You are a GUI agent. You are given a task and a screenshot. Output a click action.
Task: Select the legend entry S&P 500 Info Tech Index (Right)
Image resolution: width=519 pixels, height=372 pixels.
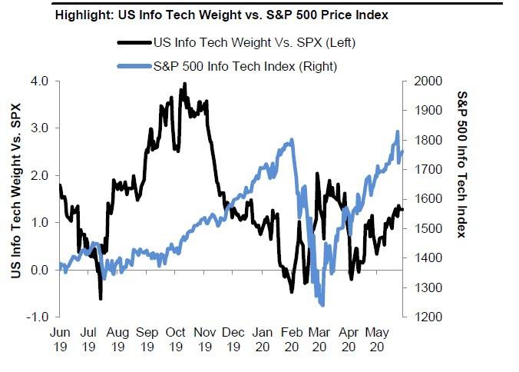pos(245,67)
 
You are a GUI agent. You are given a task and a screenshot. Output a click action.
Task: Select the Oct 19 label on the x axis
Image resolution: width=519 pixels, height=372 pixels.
pos(176,340)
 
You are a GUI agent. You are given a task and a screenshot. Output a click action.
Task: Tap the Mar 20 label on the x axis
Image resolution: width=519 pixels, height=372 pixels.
pos(320,340)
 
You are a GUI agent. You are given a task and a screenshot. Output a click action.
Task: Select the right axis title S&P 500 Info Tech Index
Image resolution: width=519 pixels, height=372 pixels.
pos(461,164)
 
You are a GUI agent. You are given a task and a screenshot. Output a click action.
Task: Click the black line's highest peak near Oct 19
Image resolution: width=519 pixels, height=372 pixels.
pos(184,84)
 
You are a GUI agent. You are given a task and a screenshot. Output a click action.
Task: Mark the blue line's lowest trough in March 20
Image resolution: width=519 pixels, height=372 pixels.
pos(322,305)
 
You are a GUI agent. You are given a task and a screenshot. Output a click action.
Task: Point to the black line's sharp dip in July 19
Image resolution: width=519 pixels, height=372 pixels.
pos(101,298)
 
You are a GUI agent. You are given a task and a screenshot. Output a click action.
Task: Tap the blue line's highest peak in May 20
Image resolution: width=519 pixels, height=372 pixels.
pos(398,132)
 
